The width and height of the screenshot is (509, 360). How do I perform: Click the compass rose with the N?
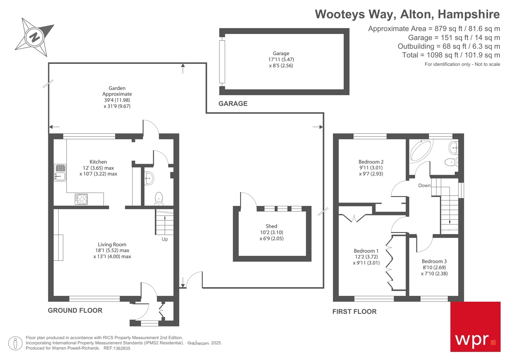[x=34, y=37]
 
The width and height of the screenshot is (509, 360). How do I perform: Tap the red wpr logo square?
[x=475, y=327]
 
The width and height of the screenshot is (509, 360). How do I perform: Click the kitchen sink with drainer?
[x=60, y=173]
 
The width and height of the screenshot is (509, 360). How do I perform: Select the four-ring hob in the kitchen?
[x=81, y=199]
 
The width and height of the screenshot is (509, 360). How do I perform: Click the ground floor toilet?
[x=159, y=198]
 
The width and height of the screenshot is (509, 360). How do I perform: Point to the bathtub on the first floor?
[x=420, y=150]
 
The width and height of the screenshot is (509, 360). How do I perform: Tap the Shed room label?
[x=271, y=226]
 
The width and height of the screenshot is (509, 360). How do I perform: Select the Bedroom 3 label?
[x=434, y=261]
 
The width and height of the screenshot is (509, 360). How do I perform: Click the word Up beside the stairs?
[x=165, y=239]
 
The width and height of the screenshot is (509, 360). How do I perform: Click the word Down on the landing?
[x=424, y=186]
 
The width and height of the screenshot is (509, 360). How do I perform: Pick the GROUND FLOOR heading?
[x=75, y=310]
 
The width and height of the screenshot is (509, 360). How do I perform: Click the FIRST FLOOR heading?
[x=354, y=312]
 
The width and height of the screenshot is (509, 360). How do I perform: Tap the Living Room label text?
[x=112, y=244]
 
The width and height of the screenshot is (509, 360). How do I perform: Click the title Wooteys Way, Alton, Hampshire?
[x=407, y=14]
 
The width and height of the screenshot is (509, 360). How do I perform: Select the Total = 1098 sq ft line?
[x=451, y=55]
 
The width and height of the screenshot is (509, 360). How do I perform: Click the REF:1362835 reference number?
[x=117, y=348]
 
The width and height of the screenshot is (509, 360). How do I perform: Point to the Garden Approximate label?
[x=117, y=91]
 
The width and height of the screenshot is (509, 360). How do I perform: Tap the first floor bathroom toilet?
[x=450, y=162]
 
